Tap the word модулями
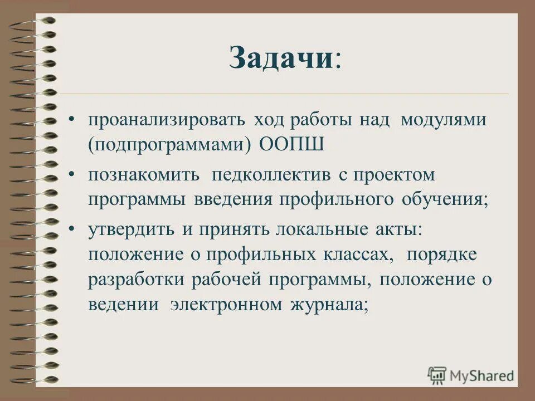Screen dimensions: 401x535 pos(443,121)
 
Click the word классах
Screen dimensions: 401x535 pos(354,254)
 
